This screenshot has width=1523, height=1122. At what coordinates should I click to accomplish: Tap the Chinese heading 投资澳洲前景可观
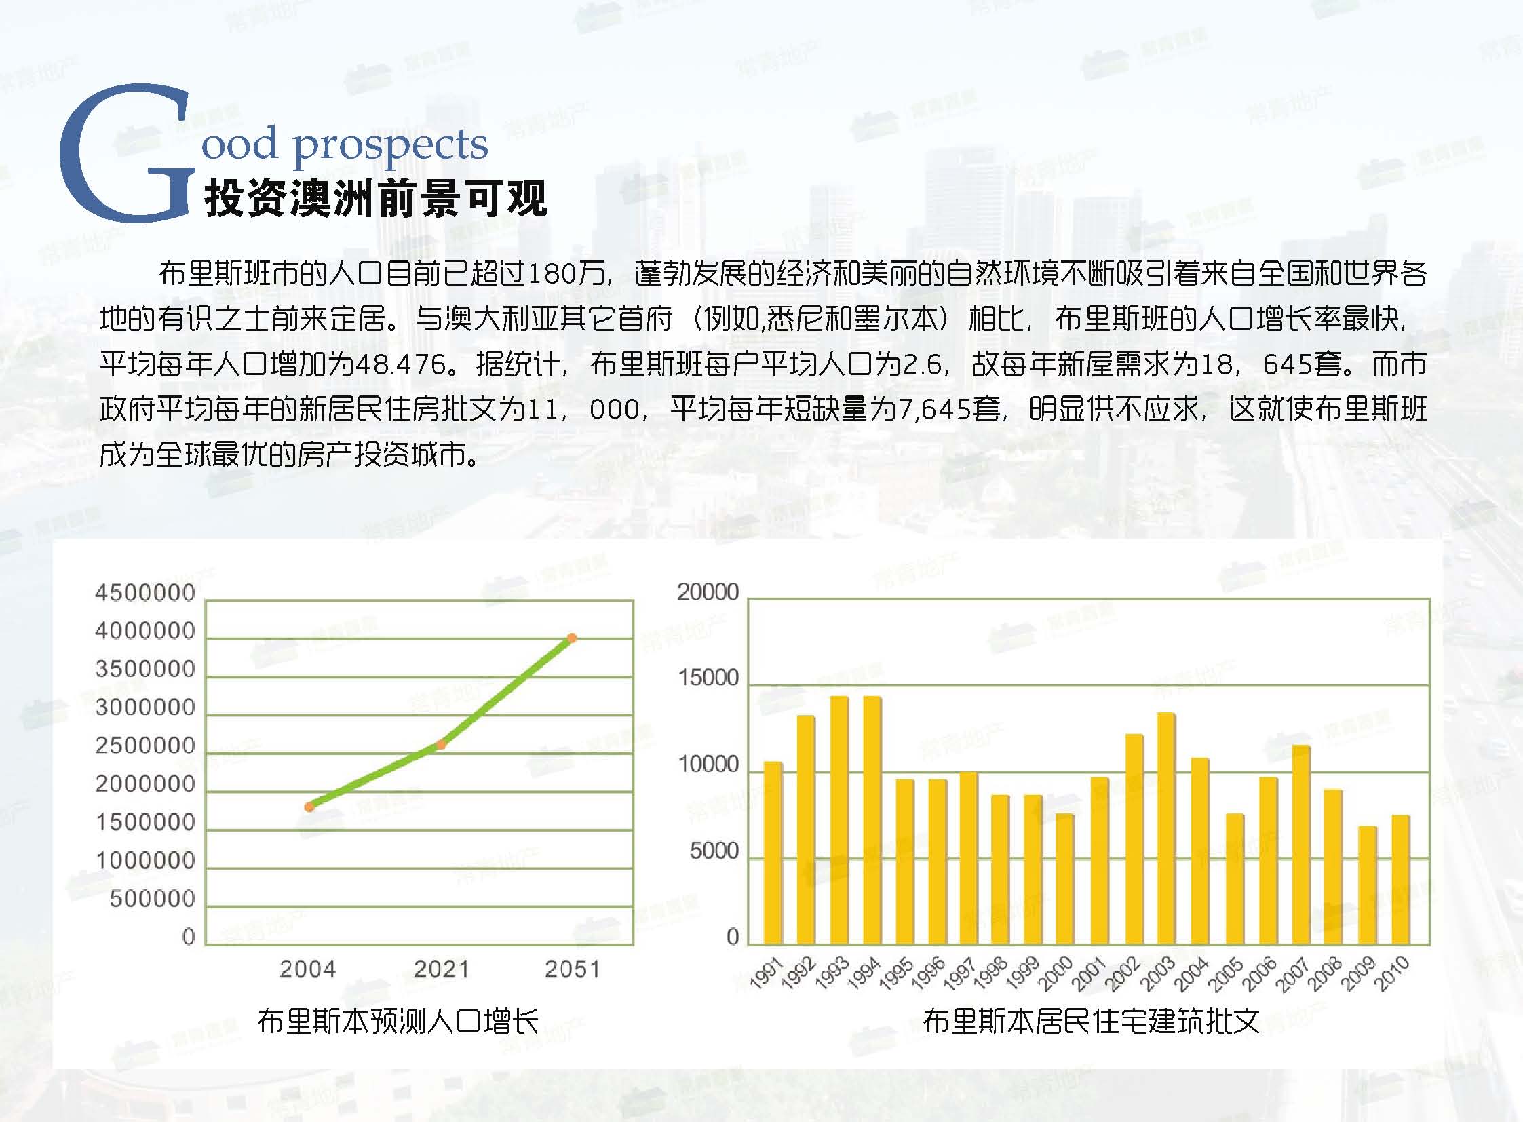[376, 199]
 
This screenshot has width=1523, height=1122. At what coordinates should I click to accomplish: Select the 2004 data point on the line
[309, 807]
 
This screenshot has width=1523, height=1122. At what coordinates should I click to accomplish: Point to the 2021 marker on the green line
[441, 745]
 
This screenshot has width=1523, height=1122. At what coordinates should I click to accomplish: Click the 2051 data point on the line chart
[572, 638]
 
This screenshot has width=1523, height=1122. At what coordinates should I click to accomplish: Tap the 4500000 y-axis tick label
[145, 593]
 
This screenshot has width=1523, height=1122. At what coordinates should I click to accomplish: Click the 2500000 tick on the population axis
[145, 746]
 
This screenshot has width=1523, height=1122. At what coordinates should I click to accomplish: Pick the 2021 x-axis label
[442, 969]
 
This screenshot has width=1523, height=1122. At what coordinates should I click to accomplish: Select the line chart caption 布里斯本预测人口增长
[398, 1021]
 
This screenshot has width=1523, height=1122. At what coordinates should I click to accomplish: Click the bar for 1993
[839, 820]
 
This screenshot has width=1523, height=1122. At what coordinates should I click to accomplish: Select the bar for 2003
[1166, 828]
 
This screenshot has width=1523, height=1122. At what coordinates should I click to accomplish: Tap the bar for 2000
[1065, 880]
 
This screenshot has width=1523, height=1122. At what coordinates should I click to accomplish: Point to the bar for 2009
[1368, 886]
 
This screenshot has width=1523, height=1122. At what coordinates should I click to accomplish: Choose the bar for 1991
[773, 854]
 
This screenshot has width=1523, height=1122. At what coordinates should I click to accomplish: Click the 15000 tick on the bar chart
[708, 678]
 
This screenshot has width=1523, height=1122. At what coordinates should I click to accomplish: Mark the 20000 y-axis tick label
[708, 592]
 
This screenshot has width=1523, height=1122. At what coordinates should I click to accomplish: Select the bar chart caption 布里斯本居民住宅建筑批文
[1091, 1021]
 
